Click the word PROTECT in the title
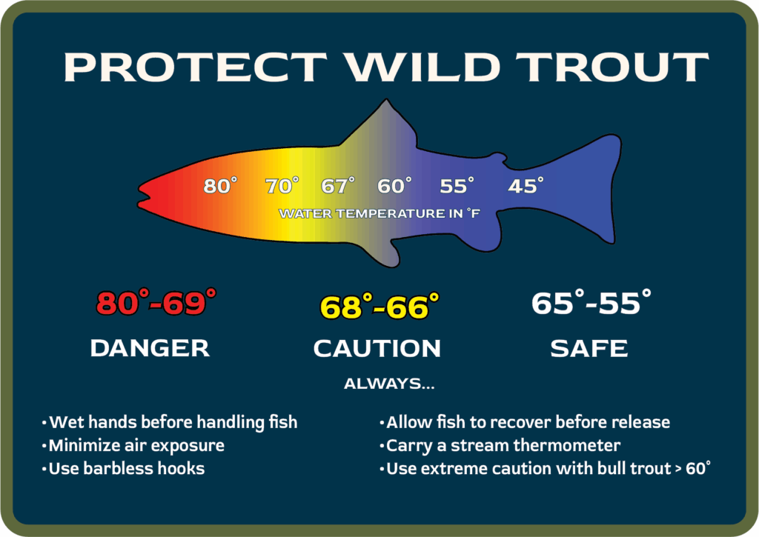(x=196, y=67)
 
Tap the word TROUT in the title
(x=611, y=67)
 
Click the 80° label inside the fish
(x=220, y=185)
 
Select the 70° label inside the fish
(x=282, y=185)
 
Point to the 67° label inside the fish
(x=338, y=185)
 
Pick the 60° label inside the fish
(x=394, y=185)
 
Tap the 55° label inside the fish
(x=457, y=185)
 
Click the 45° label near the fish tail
(x=526, y=185)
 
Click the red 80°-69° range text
(x=156, y=302)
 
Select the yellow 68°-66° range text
(x=379, y=306)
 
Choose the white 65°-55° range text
(x=591, y=302)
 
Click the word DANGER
(x=150, y=348)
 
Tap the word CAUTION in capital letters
(x=377, y=348)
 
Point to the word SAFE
(x=589, y=348)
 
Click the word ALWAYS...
(x=384, y=384)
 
